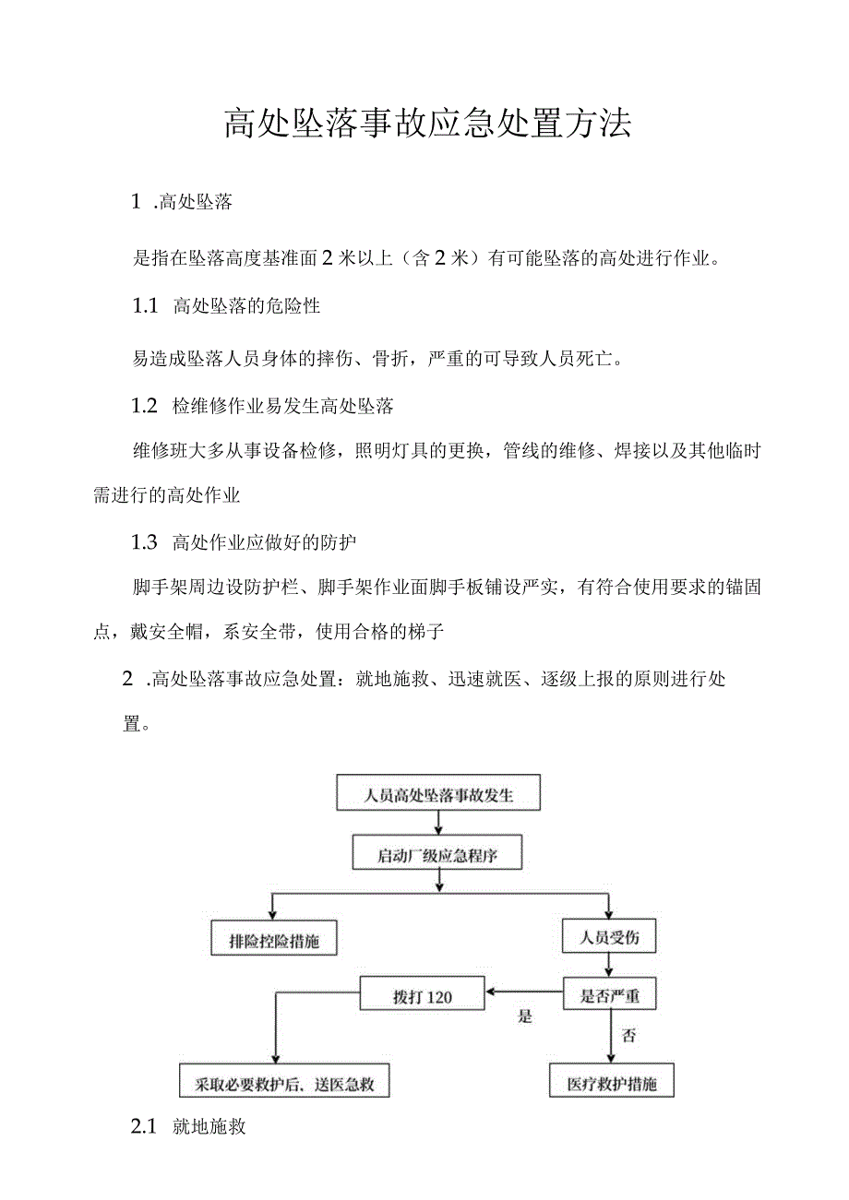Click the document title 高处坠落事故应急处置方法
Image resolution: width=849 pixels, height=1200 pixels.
coord(427,124)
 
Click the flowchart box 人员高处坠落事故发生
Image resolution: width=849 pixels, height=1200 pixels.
coord(438,795)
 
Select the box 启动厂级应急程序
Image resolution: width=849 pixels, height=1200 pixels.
coord(438,854)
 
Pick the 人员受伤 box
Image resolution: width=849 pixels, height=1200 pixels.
coord(609,938)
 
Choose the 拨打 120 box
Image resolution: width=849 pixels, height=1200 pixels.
coord(423,995)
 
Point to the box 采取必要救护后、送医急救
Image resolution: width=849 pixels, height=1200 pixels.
coord(284,1082)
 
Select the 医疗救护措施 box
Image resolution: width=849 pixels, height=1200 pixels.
coord(612,1082)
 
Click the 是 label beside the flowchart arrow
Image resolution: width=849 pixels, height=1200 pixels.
coord(525,1016)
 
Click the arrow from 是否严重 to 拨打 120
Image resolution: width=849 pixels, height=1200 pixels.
coord(524,993)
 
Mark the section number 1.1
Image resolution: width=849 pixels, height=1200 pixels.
coord(145,306)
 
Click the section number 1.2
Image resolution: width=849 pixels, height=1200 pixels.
coord(145,405)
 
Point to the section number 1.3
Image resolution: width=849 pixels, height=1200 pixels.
coord(145,542)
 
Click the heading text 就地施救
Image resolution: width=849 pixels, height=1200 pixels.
coord(209,1126)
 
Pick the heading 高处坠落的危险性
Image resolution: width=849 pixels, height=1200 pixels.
coord(246,306)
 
